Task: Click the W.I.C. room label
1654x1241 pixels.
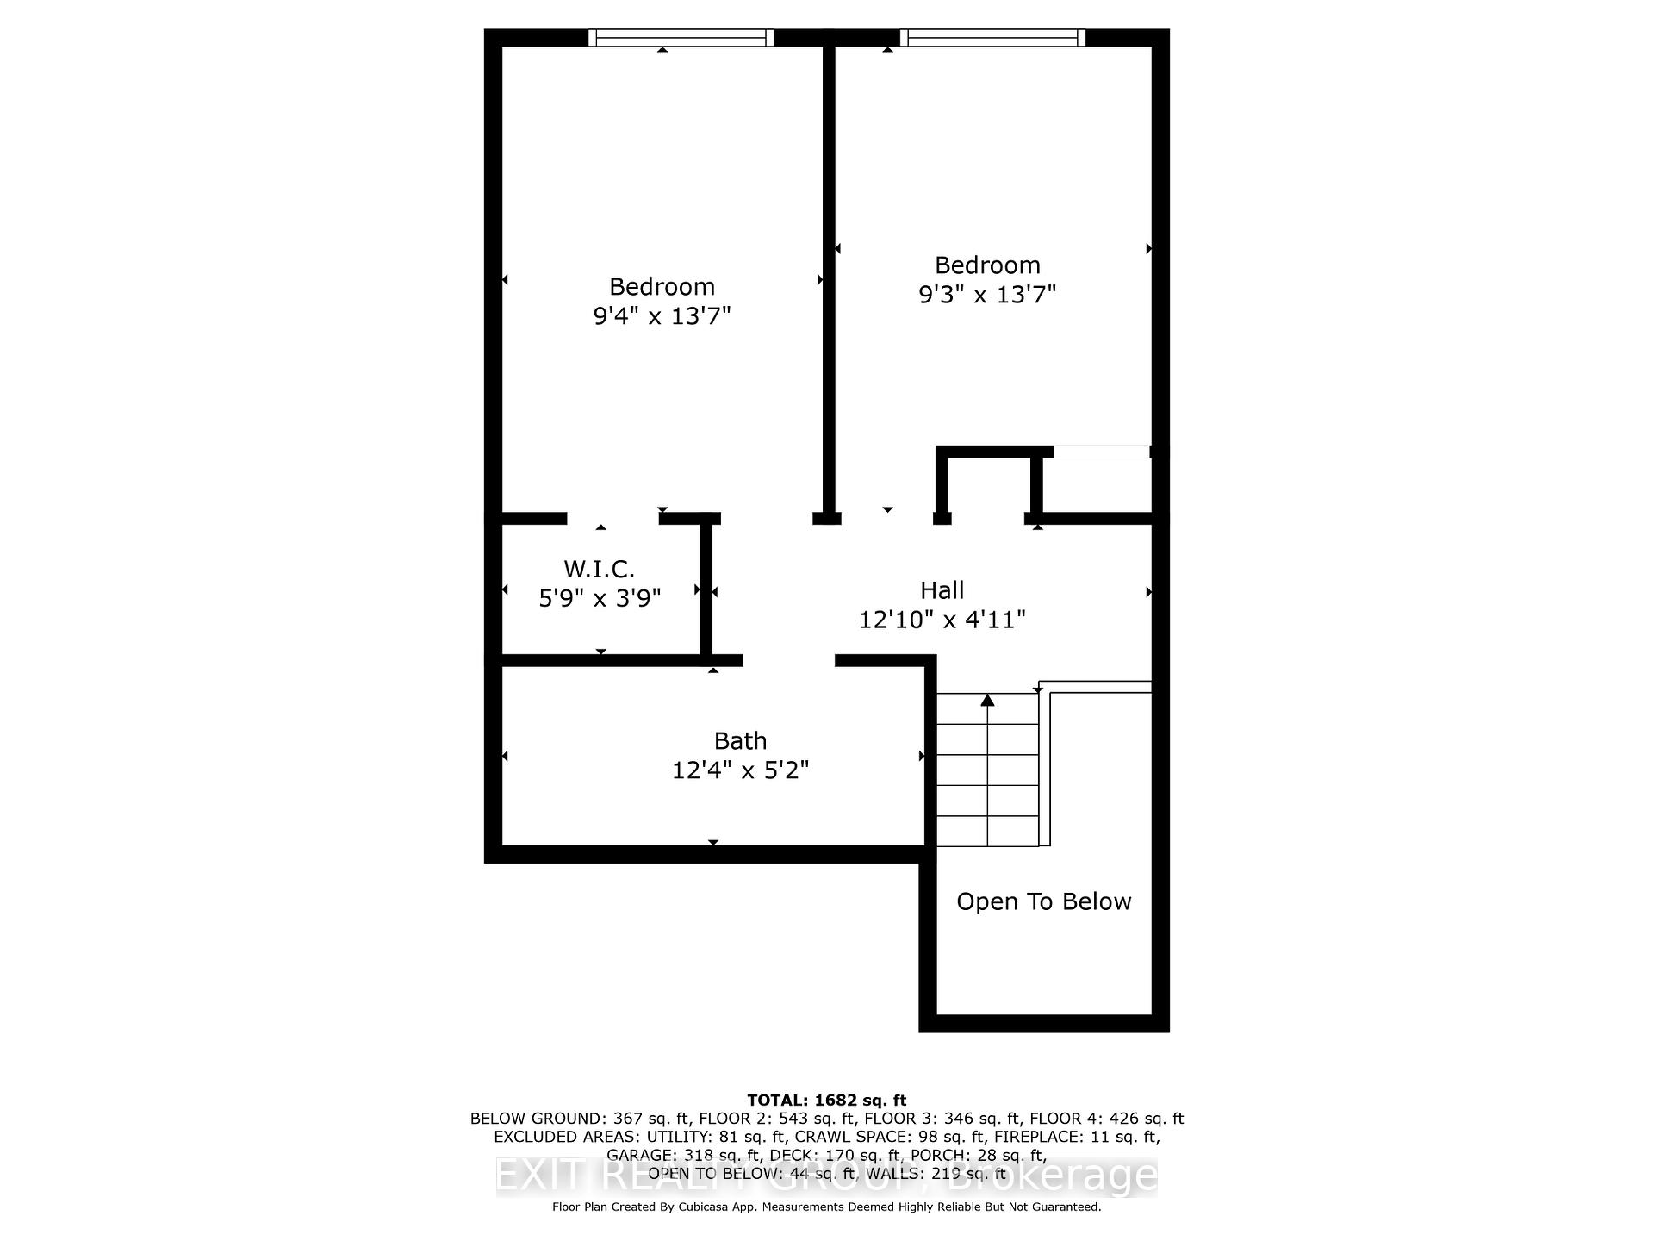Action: coord(599,569)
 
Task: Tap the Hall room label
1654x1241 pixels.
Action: coord(942,590)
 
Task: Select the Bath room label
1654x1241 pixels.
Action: coord(740,741)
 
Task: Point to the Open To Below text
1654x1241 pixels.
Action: coord(1043,901)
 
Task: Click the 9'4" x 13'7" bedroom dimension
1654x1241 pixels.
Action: coord(662,316)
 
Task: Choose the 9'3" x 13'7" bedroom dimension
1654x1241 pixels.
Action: coord(987,295)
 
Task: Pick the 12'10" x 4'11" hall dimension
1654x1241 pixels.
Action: coord(942,620)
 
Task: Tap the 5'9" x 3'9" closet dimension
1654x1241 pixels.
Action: coord(600,598)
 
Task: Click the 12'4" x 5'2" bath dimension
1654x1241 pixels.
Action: coord(740,770)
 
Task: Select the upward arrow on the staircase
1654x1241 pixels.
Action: coord(987,701)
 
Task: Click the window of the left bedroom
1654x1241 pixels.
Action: coord(681,38)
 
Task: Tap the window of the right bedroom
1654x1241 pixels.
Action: coord(992,38)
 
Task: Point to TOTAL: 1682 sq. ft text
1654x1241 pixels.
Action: coord(826,1100)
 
